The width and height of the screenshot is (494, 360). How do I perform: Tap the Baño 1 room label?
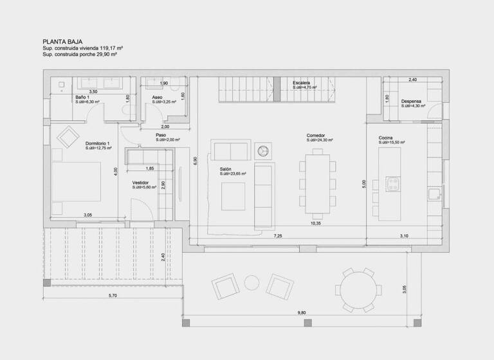click(x=81, y=97)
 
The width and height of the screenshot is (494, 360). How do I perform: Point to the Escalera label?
click(x=301, y=84)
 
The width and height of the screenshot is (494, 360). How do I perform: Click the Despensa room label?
click(x=411, y=102)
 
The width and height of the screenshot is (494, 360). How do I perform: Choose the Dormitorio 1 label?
click(x=98, y=143)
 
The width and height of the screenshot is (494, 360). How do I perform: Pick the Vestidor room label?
click(x=141, y=182)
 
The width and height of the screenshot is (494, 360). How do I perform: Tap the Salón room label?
click(x=225, y=169)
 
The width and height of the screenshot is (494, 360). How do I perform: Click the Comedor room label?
click(x=315, y=136)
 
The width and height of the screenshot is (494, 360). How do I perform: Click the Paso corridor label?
click(x=161, y=135)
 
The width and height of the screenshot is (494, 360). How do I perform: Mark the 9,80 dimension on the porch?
click(x=302, y=312)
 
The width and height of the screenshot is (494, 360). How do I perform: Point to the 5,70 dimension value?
click(x=113, y=295)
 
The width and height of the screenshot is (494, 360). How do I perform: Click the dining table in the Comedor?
click(x=316, y=183)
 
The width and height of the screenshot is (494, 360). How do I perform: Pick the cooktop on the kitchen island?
click(x=392, y=183)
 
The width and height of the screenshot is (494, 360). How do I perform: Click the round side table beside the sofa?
click(x=263, y=150)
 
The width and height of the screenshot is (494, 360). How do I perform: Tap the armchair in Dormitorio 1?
click(x=67, y=137)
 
